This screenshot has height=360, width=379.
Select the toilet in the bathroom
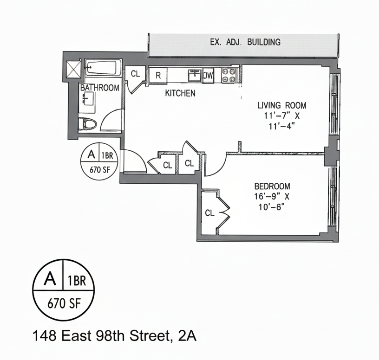coord(88,124)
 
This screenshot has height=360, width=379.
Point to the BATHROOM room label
coord(99,87)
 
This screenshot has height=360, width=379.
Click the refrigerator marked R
coord(158,75)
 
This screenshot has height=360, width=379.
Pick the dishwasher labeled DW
coord(208,75)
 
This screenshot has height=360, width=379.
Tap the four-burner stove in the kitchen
coord(229,75)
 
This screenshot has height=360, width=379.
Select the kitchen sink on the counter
coord(194,75)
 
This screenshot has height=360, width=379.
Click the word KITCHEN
coord(180,93)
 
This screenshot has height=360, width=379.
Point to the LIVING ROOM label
coord(282,105)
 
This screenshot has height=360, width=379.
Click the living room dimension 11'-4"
coord(282,126)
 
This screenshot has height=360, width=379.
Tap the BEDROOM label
coord(272,186)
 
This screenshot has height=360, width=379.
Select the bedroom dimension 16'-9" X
coord(272,196)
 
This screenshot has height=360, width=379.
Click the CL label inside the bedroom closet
coord(210,213)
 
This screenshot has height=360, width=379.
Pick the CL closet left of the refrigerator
coord(135,74)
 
